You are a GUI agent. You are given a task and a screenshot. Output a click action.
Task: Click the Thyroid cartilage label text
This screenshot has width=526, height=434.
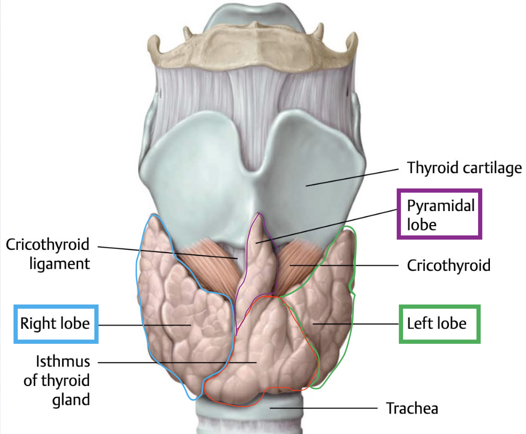[x=464, y=168]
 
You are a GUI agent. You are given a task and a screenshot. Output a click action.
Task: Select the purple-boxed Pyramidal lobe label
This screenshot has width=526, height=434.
[x=439, y=214]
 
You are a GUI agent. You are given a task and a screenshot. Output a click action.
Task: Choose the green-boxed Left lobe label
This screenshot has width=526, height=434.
[x=438, y=324]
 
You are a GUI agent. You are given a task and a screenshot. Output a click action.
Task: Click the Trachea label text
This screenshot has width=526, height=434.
[x=412, y=408]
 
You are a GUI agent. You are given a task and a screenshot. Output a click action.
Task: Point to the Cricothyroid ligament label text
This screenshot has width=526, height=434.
[x=47, y=254]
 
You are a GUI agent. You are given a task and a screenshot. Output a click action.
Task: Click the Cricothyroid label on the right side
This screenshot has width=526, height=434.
[x=448, y=265]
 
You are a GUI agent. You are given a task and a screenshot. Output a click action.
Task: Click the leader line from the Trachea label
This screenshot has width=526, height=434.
[x=323, y=408]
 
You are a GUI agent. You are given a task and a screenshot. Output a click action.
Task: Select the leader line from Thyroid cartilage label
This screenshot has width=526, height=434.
[x=350, y=177]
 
